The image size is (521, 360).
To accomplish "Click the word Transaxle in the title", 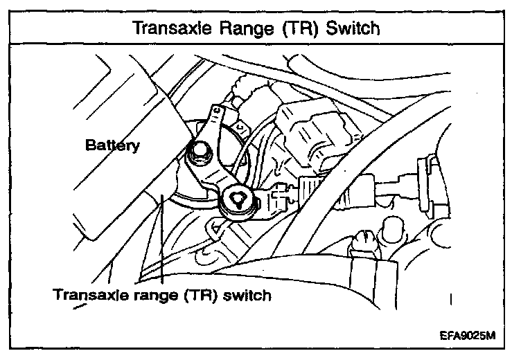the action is coord(172,28).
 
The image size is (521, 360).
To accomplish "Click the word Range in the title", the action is coord(247,28).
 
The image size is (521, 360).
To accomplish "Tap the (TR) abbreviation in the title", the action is coord(300,28).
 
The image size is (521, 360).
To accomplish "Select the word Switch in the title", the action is coord(353,28).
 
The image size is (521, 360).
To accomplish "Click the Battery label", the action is coord(112,145).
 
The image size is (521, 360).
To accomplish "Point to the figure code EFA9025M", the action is coord(468,336).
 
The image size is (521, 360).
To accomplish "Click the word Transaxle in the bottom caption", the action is coord(90,294).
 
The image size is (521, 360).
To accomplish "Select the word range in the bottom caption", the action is coord(155,296).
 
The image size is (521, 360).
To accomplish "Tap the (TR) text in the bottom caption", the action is coord(200,295).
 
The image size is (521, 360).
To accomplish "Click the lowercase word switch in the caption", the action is coord(247,295).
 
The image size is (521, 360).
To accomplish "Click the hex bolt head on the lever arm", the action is coord(200,152).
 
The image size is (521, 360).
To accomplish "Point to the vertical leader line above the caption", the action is coord(162,239).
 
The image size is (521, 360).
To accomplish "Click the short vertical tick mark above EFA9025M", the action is coord(450,299).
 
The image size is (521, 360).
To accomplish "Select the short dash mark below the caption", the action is coord(80,306).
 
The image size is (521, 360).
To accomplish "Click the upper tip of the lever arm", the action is coord(218,107).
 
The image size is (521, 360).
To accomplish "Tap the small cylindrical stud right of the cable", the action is coord(394,229).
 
